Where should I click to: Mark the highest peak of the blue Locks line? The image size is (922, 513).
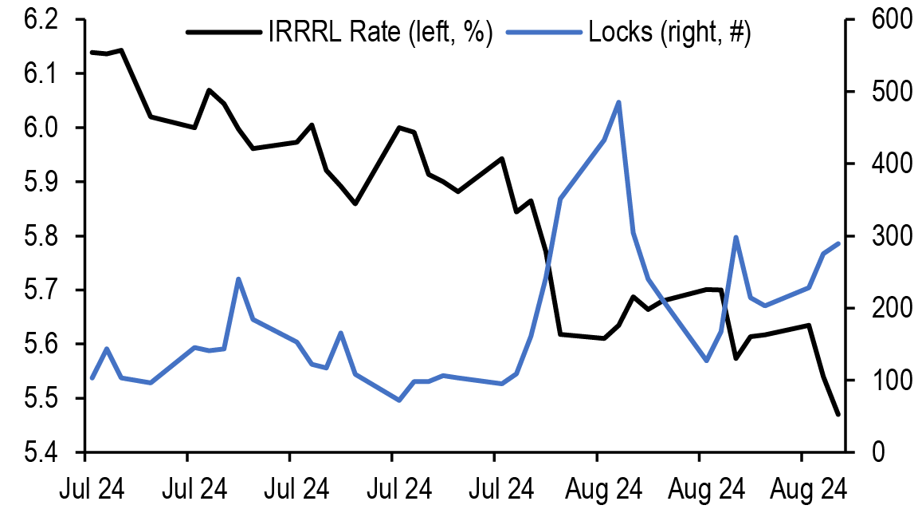(x=619, y=102)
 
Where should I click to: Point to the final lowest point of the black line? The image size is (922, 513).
(x=838, y=413)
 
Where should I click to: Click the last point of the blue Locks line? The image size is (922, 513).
(x=838, y=243)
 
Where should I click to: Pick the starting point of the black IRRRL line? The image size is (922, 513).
(x=92, y=53)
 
